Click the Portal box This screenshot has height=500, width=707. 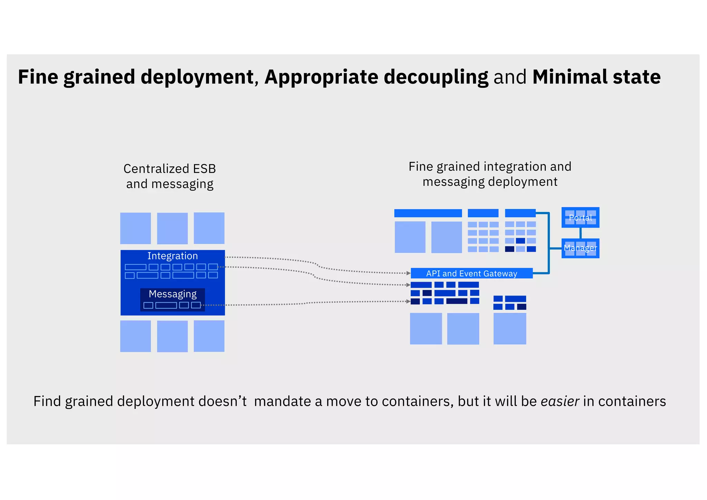coord(580,218)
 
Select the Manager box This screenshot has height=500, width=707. coord(580,248)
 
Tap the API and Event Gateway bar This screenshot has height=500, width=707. coord(472,273)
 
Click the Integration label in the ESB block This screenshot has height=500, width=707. coord(173,256)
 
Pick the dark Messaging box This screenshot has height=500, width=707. coord(173,299)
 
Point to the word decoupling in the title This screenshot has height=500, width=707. coord(436,77)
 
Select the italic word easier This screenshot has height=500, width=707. coord(560,401)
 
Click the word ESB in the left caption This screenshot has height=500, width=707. coord(204,169)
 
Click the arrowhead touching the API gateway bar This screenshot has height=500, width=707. coord(408,273)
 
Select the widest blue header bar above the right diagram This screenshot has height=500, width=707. coord(428,213)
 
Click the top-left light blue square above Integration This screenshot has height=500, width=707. coord(135,228)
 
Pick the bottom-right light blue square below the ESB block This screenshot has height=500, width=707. coord(209,336)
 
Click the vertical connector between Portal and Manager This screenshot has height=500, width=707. coord(580,233)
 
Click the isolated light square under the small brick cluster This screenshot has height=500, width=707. coord(510,328)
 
